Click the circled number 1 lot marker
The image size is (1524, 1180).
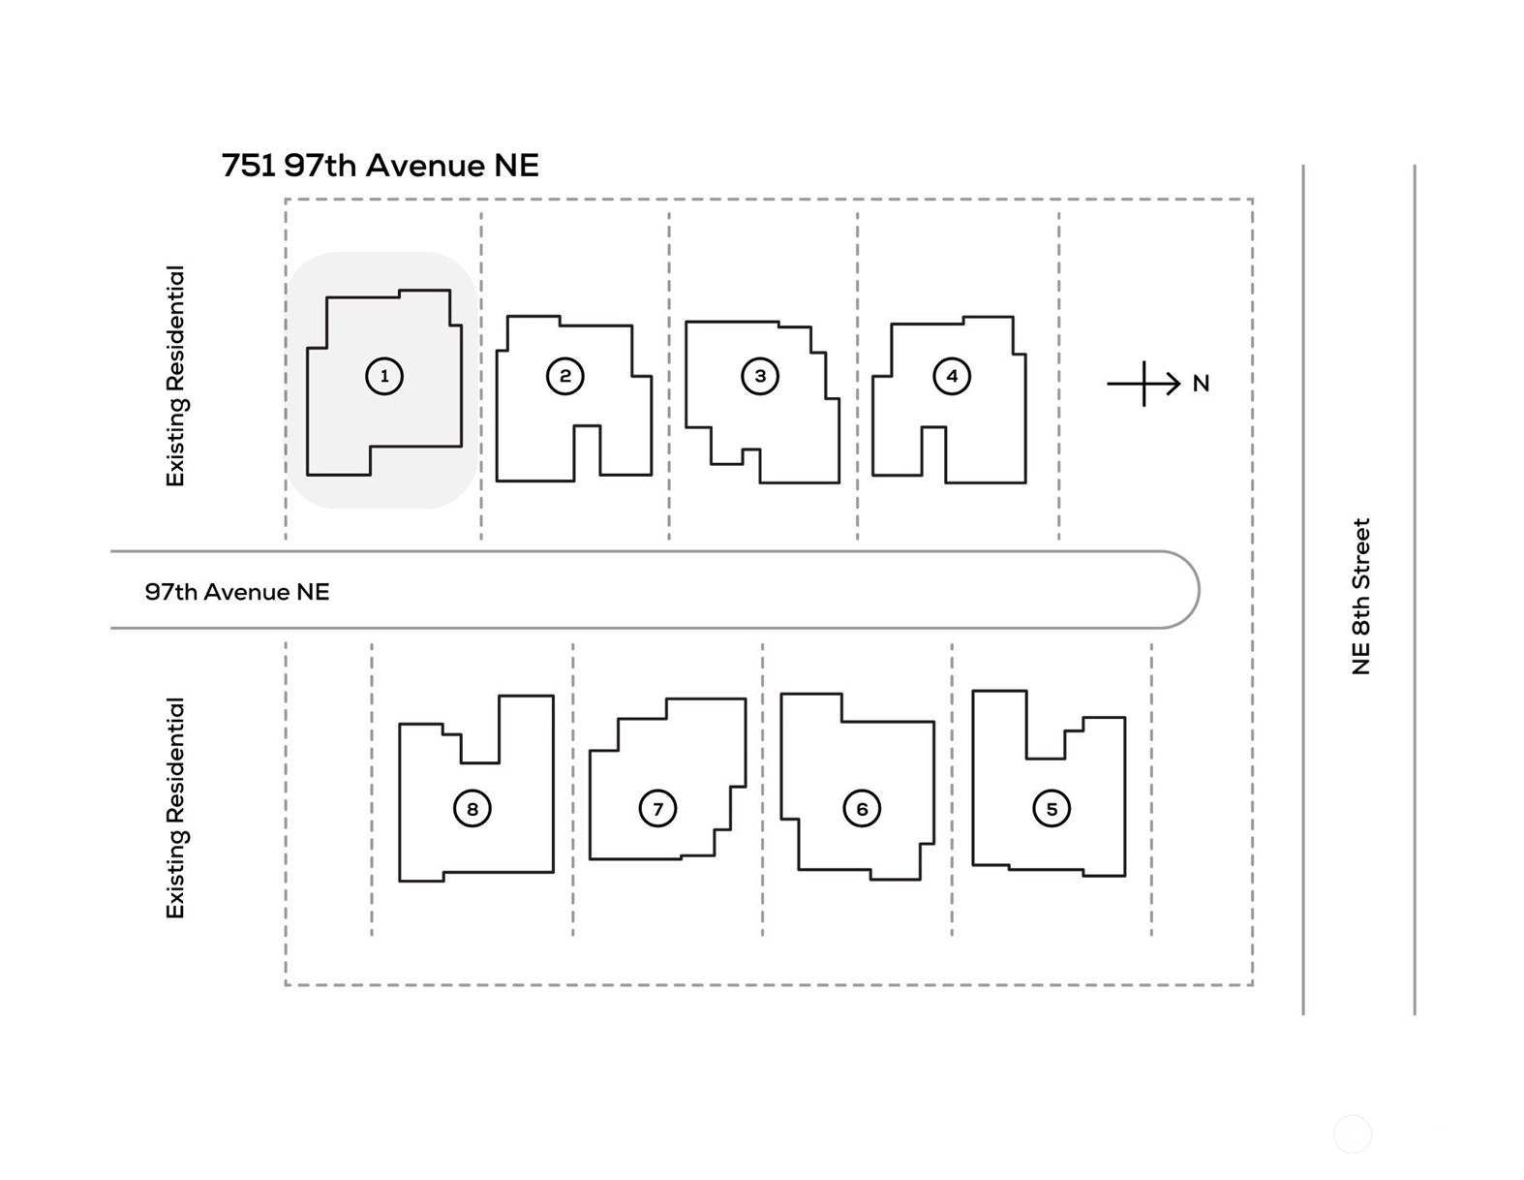coord(383,376)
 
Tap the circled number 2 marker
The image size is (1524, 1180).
coord(564,376)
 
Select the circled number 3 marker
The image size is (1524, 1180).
coord(759,376)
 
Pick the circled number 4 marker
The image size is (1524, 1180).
coord(952,376)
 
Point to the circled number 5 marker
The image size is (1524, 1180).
coord(1052,809)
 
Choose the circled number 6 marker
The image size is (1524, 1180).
coord(861,809)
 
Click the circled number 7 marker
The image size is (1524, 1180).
coord(657,809)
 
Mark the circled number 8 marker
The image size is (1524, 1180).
coord(472,809)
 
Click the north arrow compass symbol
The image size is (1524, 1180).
coord(1143,384)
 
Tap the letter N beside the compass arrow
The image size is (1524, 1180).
coord(1201,384)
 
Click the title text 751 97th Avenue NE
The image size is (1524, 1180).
coord(381,166)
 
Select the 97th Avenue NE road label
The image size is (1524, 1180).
coord(237,592)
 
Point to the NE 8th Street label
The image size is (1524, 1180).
coord(1360,597)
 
